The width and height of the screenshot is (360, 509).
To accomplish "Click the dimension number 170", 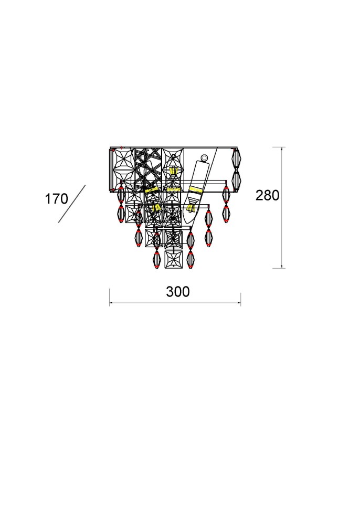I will (56, 199).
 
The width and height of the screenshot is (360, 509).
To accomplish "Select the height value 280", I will (267, 195).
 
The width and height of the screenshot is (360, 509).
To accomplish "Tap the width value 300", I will (178, 292).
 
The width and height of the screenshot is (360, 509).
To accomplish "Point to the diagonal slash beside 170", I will (71, 204).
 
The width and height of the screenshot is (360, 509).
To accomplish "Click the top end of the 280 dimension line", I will (283, 147).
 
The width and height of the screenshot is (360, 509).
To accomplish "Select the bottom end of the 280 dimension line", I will (283, 268).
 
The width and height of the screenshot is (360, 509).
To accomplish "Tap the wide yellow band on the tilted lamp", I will (196, 189).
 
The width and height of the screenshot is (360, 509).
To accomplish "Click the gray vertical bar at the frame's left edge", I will (111, 169).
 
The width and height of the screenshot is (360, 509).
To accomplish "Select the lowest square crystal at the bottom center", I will (173, 259).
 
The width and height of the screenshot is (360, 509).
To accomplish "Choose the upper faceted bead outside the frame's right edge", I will (236, 158).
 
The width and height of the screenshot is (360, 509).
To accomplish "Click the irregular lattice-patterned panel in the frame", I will (148, 166).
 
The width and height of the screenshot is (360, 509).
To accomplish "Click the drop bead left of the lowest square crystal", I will (156, 259).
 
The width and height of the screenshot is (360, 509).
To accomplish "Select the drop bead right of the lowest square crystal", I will (190, 259).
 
